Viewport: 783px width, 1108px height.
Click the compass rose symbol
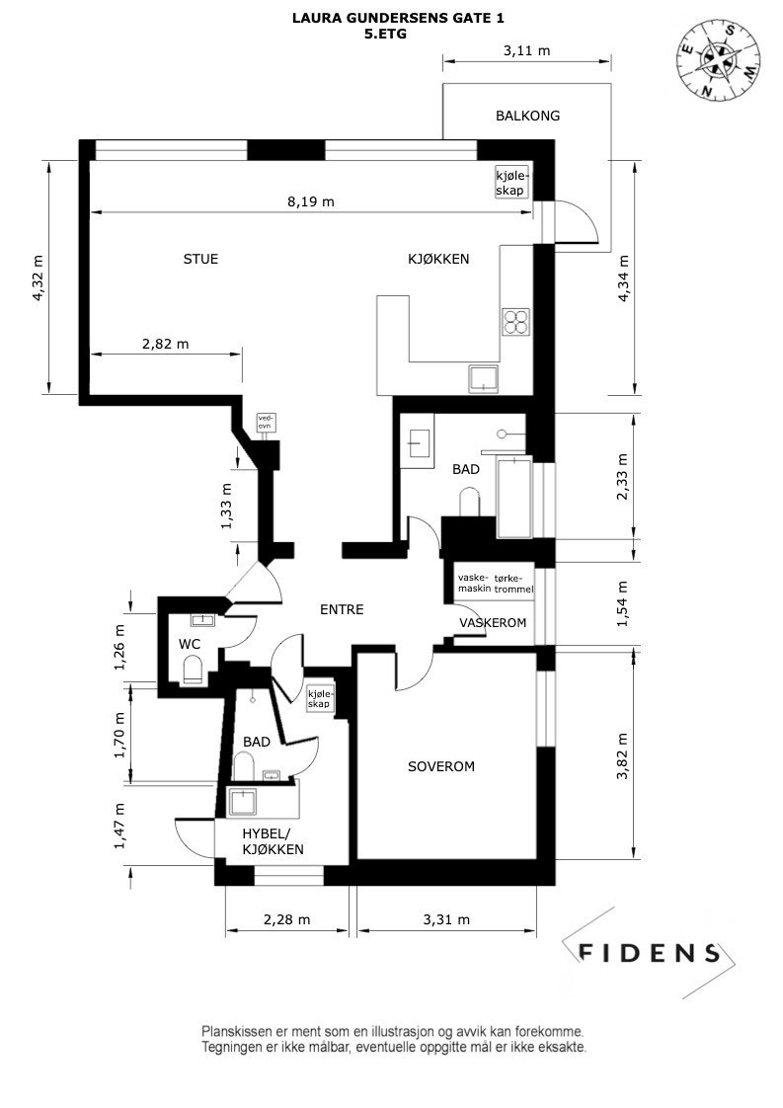tap(718, 61)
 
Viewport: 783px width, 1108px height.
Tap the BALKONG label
tap(527, 116)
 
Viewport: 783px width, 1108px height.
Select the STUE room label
tap(200, 260)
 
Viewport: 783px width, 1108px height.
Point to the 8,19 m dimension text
tap(311, 201)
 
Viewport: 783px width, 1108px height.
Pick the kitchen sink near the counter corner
tap(484, 378)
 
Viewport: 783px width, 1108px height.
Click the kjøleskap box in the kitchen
tap(512, 182)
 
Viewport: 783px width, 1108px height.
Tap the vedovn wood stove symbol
tap(265, 424)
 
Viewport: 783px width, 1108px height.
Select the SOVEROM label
tap(441, 766)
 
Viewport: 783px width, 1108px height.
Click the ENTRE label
tap(342, 610)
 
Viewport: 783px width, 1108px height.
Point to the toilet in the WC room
tap(194, 673)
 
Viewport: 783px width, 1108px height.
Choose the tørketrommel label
tap(513, 583)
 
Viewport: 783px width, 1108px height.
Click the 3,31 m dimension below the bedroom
tap(445, 919)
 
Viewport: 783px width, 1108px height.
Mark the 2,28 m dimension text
tap(286, 919)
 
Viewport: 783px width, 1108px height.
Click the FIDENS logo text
tap(649, 953)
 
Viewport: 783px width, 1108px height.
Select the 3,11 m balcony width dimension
tap(526, 51)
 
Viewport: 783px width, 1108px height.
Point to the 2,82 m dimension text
tap(165, 344)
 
